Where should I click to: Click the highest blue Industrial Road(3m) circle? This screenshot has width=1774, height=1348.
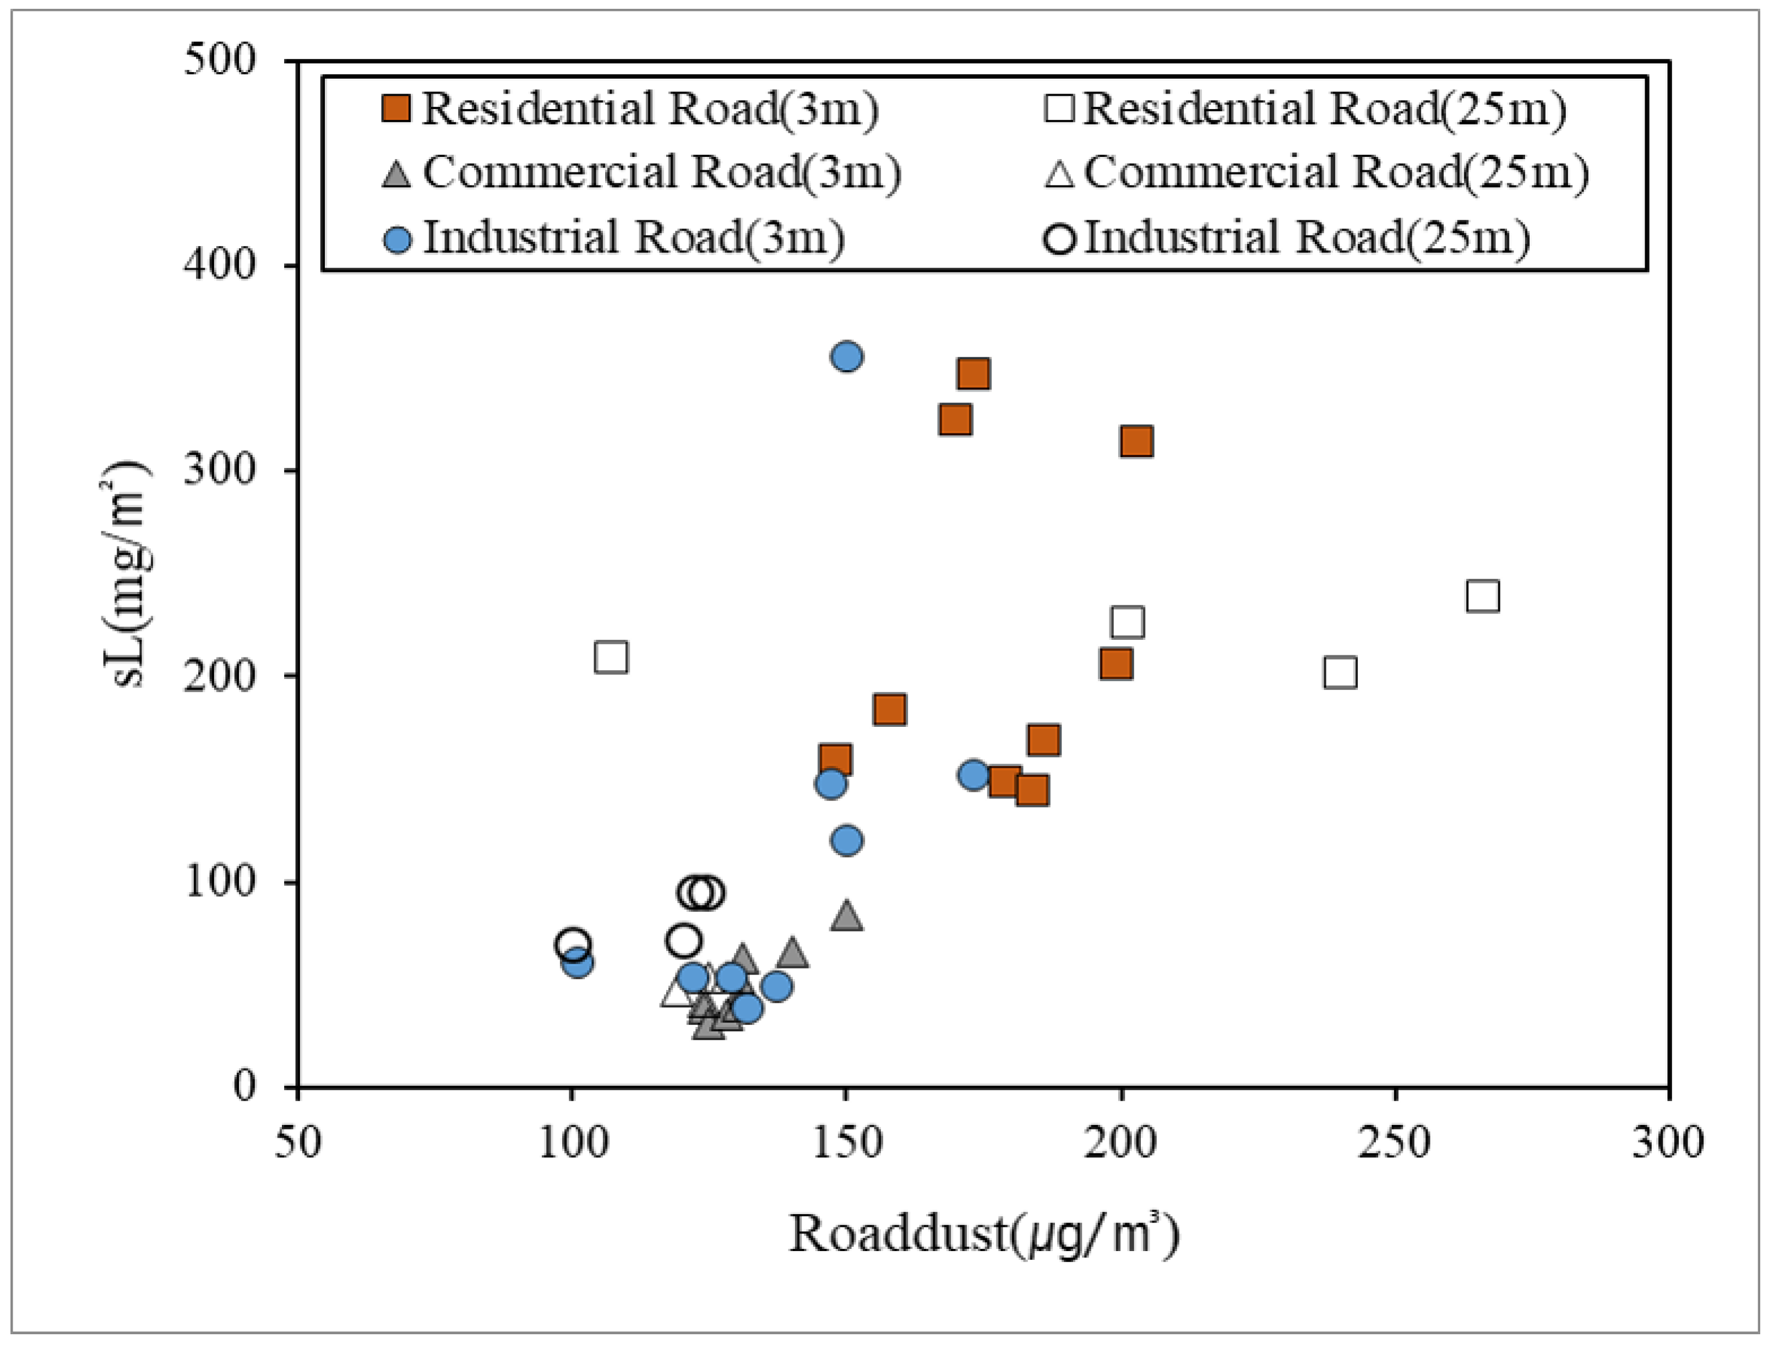(846, 356)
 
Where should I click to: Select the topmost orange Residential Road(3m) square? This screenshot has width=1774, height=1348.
(973, 373)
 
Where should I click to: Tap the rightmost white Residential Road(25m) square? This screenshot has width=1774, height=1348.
(1482, 596)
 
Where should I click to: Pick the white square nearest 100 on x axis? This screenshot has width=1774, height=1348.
(611, 657)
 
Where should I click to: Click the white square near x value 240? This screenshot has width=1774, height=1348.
(1340, 672)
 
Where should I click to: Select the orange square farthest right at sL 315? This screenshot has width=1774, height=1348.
(1136, 441)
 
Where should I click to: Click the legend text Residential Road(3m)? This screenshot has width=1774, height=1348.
(649, 108)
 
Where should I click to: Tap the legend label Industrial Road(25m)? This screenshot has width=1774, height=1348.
(1307, 237)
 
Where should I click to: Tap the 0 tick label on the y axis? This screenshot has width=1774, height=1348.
(244, 1086)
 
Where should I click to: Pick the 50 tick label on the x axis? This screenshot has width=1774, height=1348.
(298, 1143)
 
